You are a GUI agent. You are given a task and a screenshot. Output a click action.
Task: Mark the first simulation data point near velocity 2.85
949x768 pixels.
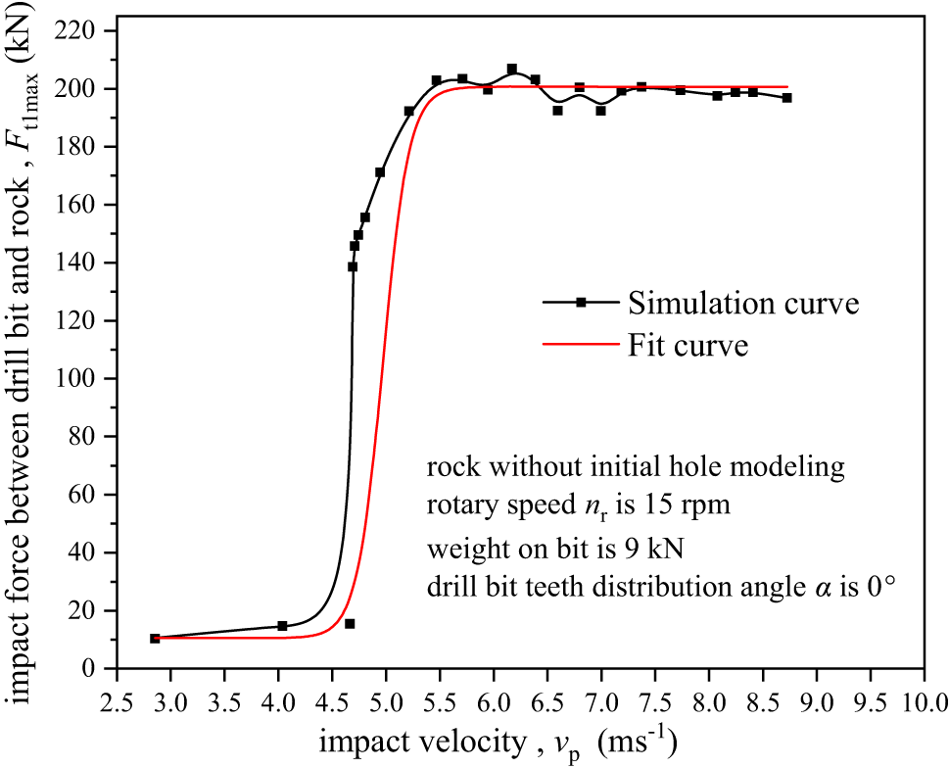[x=155, y=638]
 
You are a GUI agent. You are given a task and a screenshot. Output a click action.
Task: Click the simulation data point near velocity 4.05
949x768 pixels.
[x=282, y=626]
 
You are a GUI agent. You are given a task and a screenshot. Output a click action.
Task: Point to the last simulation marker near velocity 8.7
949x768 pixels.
[x=786, y=98]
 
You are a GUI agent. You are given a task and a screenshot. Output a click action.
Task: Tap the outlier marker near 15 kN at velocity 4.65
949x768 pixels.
[x=350, y=623]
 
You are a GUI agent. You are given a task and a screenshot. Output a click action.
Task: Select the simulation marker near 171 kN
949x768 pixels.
[x=380, y=172]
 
